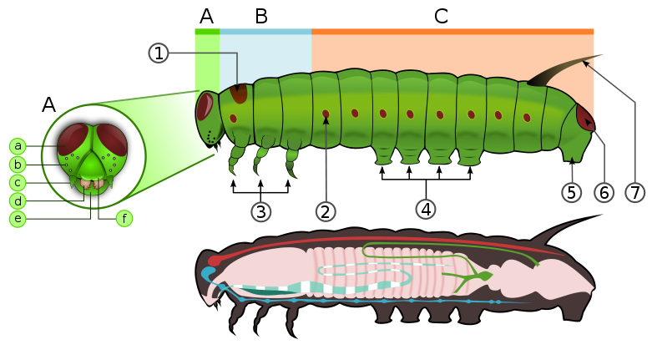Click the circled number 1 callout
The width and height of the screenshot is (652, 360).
(159, 53)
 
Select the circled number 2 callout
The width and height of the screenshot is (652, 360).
(326, 211)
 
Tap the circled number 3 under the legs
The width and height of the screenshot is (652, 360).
(261, 211)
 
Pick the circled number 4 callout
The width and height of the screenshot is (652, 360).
(426, 209)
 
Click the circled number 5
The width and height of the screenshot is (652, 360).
(571, 192)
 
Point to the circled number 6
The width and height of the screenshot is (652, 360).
(604, 192)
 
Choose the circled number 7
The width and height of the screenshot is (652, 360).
(635, 192)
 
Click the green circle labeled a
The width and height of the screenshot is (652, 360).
(18, 145)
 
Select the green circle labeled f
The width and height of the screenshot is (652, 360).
(124, 219)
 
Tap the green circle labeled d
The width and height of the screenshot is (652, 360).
(18, 200)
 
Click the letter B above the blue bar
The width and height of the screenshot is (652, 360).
(261, 15)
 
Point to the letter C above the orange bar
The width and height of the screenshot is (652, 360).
(441, 15)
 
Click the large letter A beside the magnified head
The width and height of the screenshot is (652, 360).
(49, 105)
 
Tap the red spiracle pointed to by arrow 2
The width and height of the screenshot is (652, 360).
(326, 114)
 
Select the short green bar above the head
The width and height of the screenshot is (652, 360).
(207, 31)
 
